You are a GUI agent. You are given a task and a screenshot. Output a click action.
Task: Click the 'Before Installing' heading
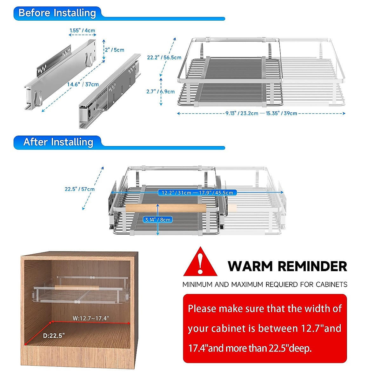point(57,13)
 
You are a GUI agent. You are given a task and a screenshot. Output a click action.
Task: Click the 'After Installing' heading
point(58,142)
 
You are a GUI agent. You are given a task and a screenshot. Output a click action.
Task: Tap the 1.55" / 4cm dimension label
point(82,30)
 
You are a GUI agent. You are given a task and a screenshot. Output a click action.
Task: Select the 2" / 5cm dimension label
point(115,50)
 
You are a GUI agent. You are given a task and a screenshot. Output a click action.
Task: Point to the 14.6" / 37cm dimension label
point(83,84)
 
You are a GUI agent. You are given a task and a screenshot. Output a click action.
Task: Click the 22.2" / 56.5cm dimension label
point(164,57)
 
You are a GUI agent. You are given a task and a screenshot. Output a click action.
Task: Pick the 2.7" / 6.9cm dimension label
point(160,91)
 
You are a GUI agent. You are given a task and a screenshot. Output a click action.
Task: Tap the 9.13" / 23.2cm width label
point(242,113)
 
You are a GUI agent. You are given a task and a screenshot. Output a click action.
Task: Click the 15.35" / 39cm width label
point(281,113)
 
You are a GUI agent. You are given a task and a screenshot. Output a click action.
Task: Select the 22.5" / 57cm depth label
point(80,189)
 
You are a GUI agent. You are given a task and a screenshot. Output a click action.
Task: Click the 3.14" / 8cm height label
point(158,219)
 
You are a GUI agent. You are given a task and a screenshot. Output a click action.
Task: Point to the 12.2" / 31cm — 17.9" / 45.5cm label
point(197,193)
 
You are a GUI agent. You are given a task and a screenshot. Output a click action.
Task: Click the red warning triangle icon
point(200,263)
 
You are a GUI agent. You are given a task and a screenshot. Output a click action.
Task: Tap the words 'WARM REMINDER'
point(287,266)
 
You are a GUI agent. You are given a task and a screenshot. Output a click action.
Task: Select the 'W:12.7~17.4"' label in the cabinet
point(91,318)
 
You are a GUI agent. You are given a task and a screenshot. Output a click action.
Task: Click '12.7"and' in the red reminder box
point(321,328)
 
